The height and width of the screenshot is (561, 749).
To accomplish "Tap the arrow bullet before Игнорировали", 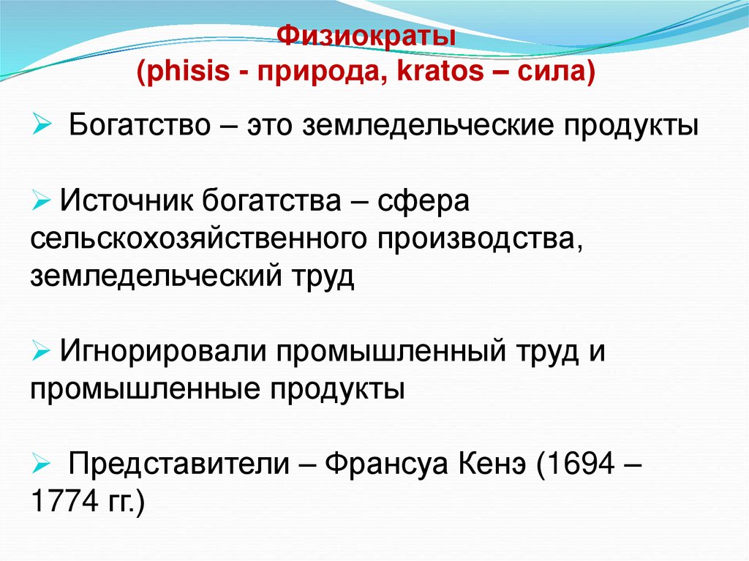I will (x=41, y=350).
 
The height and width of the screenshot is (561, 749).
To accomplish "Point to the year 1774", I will (x=59, y=502).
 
